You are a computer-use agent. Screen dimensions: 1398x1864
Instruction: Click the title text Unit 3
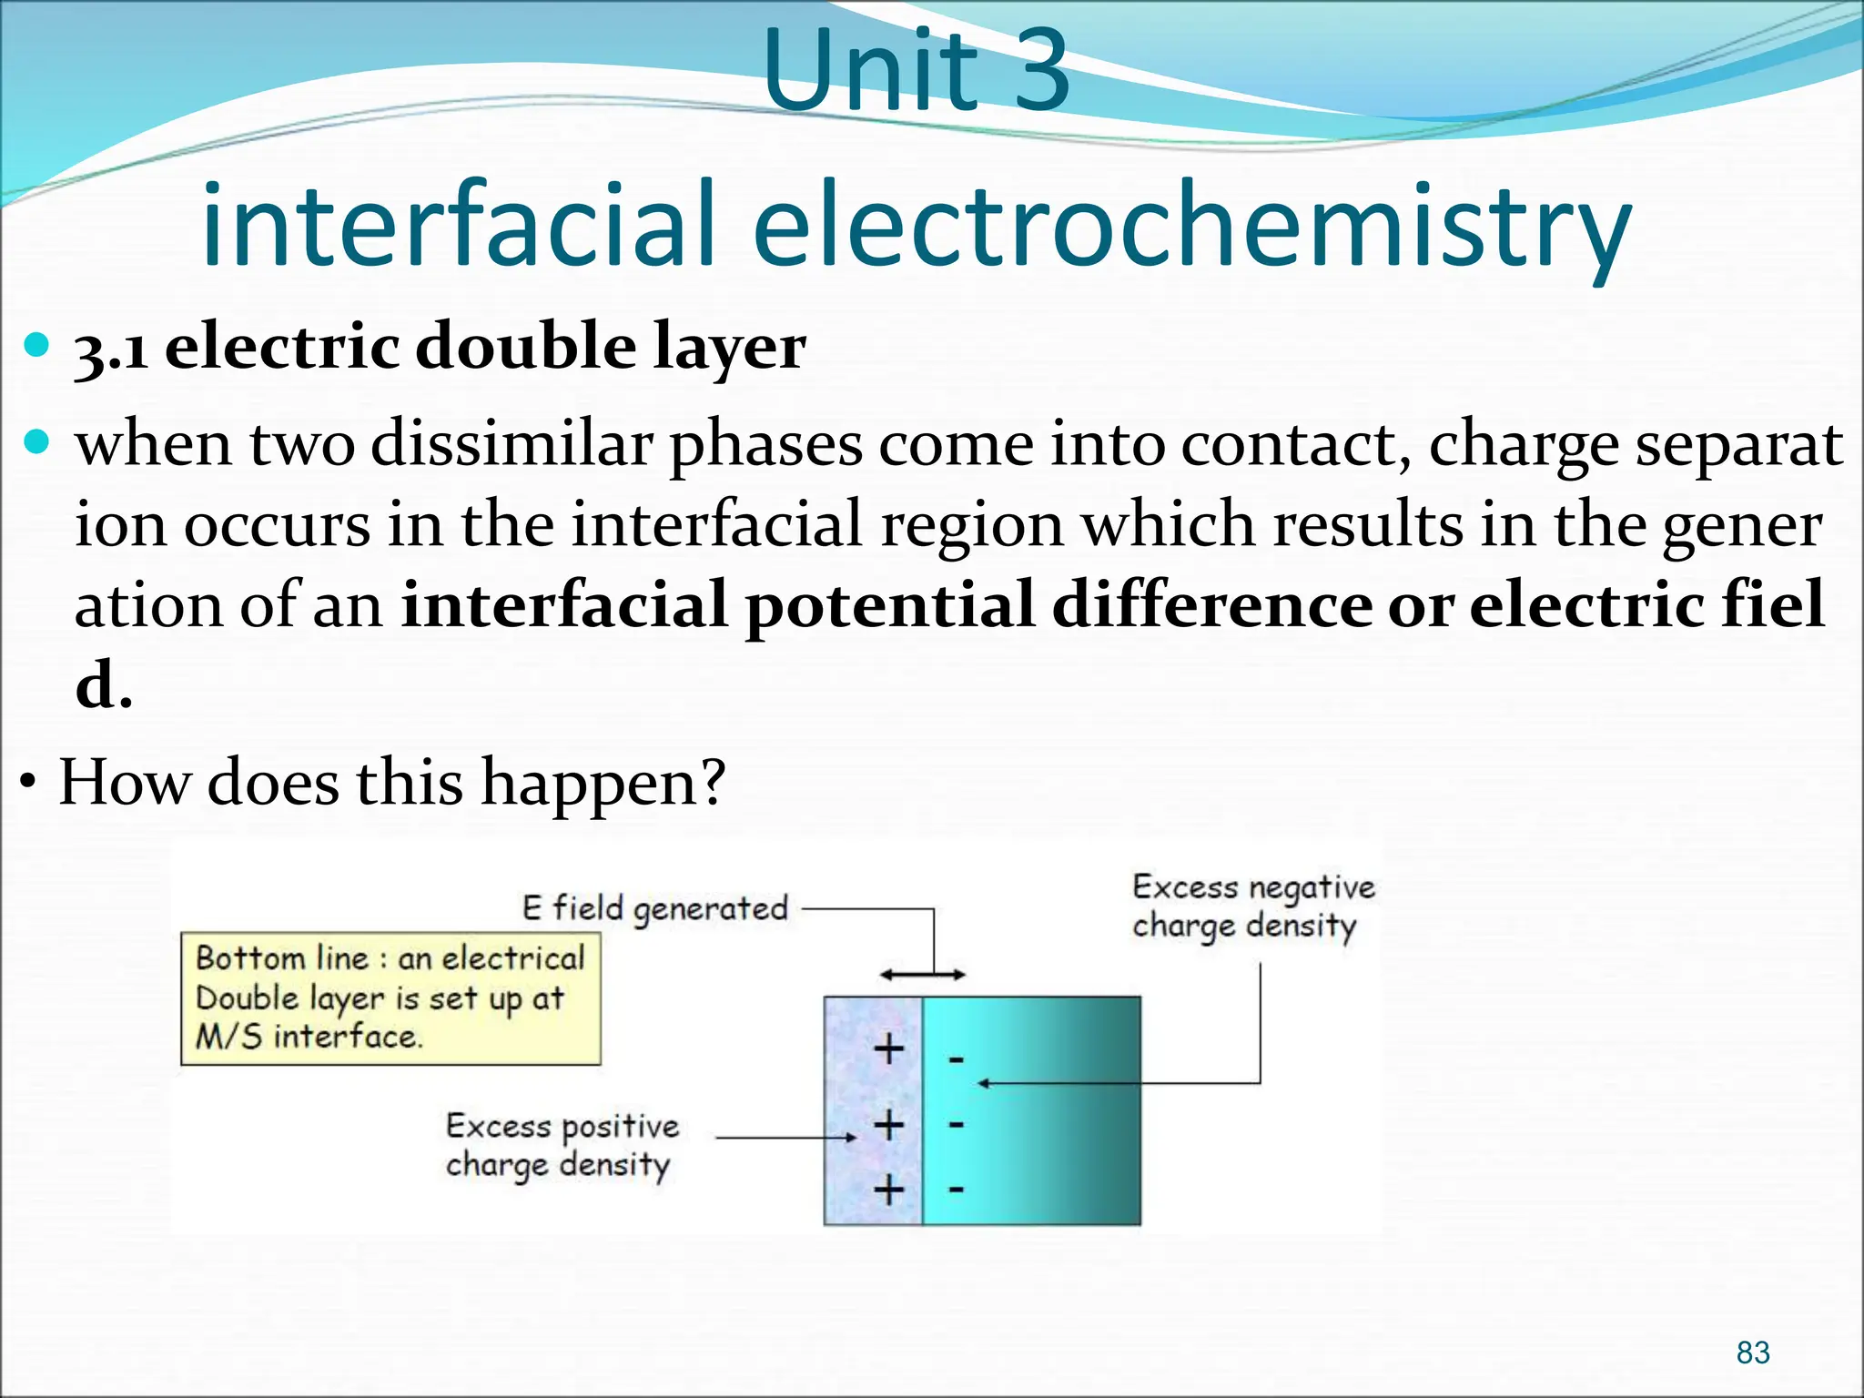click(916, 71)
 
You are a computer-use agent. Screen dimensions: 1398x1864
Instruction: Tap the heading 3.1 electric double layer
click(440, 347)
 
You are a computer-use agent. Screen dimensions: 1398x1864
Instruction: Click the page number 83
click(1752, 1352)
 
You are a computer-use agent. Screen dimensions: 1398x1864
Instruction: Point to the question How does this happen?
click(391, 782)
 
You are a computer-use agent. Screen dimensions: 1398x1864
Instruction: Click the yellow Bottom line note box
click(390, 998)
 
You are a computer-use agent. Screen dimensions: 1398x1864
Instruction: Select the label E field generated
click(654, 908)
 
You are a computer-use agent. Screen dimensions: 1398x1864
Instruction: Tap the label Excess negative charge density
click(1252, 906)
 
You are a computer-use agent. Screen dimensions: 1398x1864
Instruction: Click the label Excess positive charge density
click(562, 1145)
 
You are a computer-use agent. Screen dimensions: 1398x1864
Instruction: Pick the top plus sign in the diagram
click(889, 1049)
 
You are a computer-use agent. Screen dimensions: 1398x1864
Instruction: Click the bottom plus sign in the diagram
click(889, 1190)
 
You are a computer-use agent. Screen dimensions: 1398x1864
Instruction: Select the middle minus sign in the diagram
click(956, 1125)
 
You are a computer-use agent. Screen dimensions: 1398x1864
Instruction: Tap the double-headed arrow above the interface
click(922, 975)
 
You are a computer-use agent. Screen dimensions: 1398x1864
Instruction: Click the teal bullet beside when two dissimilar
click(36, 443)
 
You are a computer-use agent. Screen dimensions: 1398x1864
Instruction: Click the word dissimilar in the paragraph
click(512, 445)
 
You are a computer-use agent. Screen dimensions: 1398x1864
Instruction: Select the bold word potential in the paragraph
click(890, 605)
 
